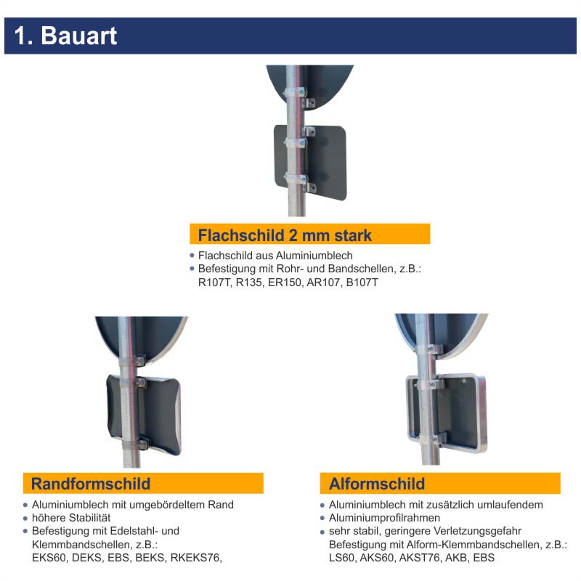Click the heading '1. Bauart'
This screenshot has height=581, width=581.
click(x=65, y=36)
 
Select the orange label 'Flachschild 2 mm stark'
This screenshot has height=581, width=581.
click(x=285, y=235)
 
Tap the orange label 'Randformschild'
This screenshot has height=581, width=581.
click(x=91, y=484)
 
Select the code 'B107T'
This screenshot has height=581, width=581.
click(x=362, y=283)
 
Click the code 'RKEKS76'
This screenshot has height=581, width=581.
click(x=195, y=558)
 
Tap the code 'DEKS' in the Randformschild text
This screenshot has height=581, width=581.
click(x=92, y=558)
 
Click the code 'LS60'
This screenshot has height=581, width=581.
click(x=344, y=558)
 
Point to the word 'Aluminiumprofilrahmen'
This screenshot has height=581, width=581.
click(x=384, y=518)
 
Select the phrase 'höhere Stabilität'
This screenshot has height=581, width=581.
click(x=71, y=518)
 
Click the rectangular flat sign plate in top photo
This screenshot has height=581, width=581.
click(x=327, y=163)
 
